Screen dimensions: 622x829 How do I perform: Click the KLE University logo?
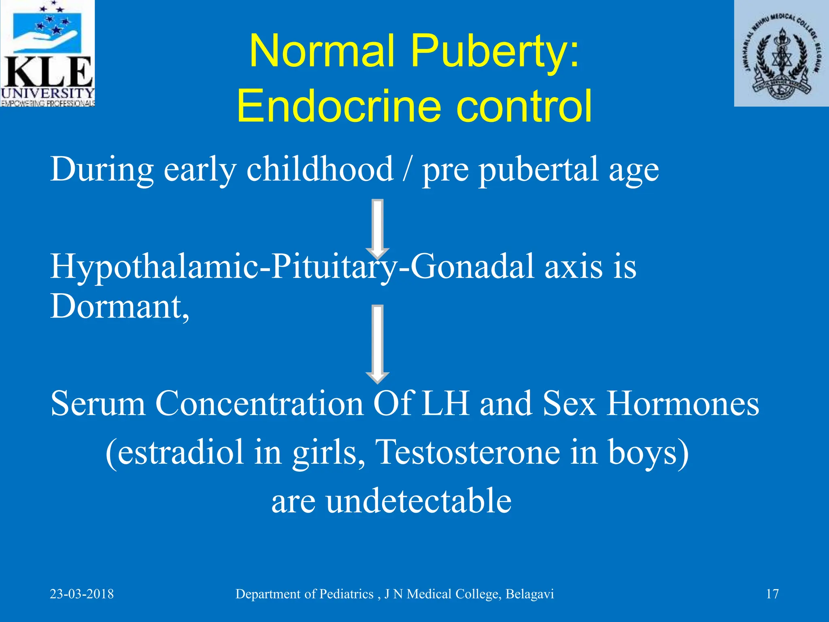pos(47,53)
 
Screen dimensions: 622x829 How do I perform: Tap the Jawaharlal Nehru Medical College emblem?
pos(781,53)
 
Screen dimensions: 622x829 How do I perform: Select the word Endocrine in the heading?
pos(338,106)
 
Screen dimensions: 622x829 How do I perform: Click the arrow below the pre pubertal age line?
pos(377,229)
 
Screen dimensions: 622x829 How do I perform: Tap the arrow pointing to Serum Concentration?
pos(377,344)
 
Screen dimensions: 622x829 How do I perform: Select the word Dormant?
pos(119,307)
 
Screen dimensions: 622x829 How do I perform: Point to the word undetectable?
pos(419,501)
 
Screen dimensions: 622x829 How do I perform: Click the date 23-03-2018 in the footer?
pos(82,594)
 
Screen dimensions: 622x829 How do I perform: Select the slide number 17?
pos(772,594)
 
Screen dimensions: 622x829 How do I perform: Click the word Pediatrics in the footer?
pos(346,594)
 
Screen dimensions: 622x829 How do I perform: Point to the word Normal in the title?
pos(322,52)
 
